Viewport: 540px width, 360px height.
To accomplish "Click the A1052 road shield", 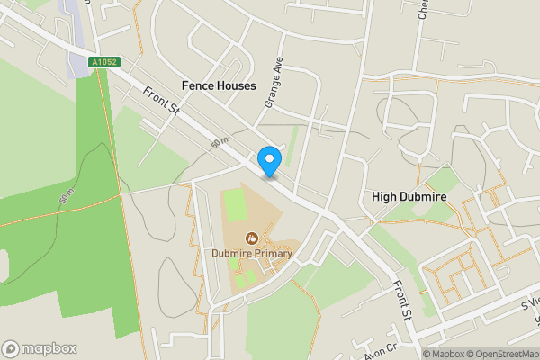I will pyautogui.click(x=104, y=63).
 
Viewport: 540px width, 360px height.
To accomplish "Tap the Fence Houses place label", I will pyautogui.click(x=219, y=85).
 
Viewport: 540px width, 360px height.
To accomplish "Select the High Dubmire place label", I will pyautogui.click(x=409, y=196).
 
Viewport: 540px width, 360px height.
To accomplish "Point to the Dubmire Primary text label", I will pyautogui.click(x=252, y=254).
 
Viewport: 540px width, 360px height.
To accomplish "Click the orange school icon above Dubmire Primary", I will pyautogui.click(x=252, y=238).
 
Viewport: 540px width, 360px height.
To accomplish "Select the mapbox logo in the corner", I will pyautogui.click(x=38, y=348).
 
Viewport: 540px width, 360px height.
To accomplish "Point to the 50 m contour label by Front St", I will pyautogui.click(x=217, y=142).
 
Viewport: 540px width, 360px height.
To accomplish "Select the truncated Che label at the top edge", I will pyautogui.click(x=423, y=9).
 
